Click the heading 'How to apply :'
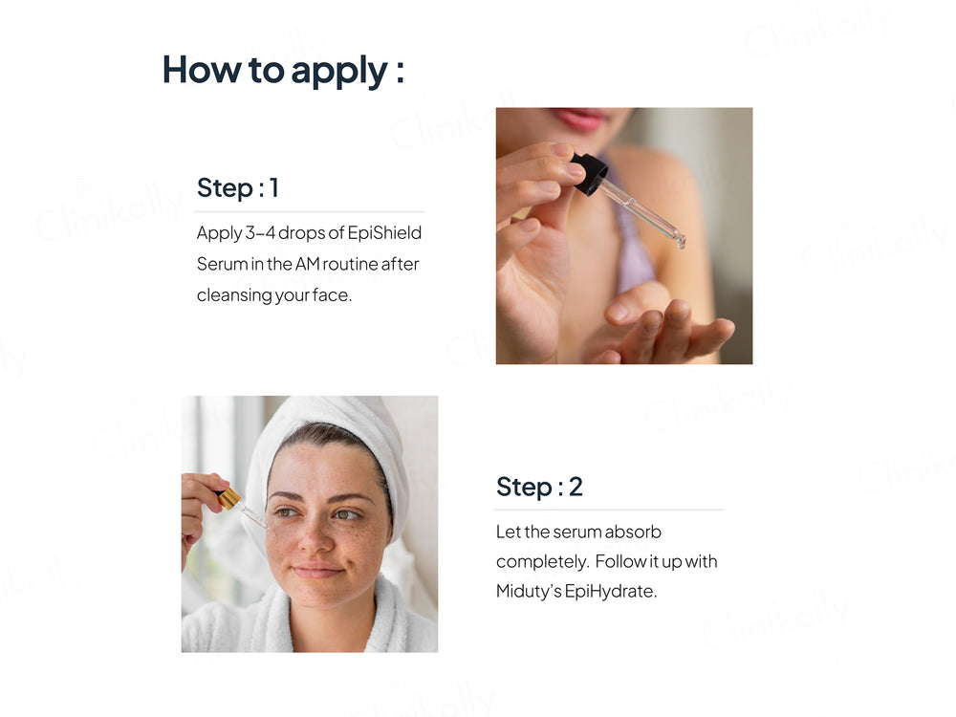pos(283,70)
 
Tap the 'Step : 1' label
pos(238,187)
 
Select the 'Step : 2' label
pos(539,487)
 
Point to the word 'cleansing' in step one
pos(234,294)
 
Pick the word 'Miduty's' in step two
pos(528,591)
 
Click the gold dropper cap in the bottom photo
pos(227,497)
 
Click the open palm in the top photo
pos(669,330)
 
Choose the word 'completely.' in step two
pos(538,561)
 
